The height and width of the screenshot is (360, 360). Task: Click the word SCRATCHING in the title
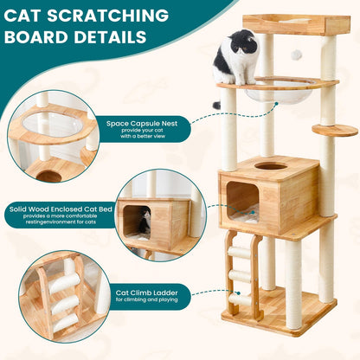tap(112, 16)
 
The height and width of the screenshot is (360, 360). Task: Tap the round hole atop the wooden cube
tap(270, 165)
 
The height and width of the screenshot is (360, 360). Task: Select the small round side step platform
tap(335, 130)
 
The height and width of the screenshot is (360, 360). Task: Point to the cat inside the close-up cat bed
tap(144, 222)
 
